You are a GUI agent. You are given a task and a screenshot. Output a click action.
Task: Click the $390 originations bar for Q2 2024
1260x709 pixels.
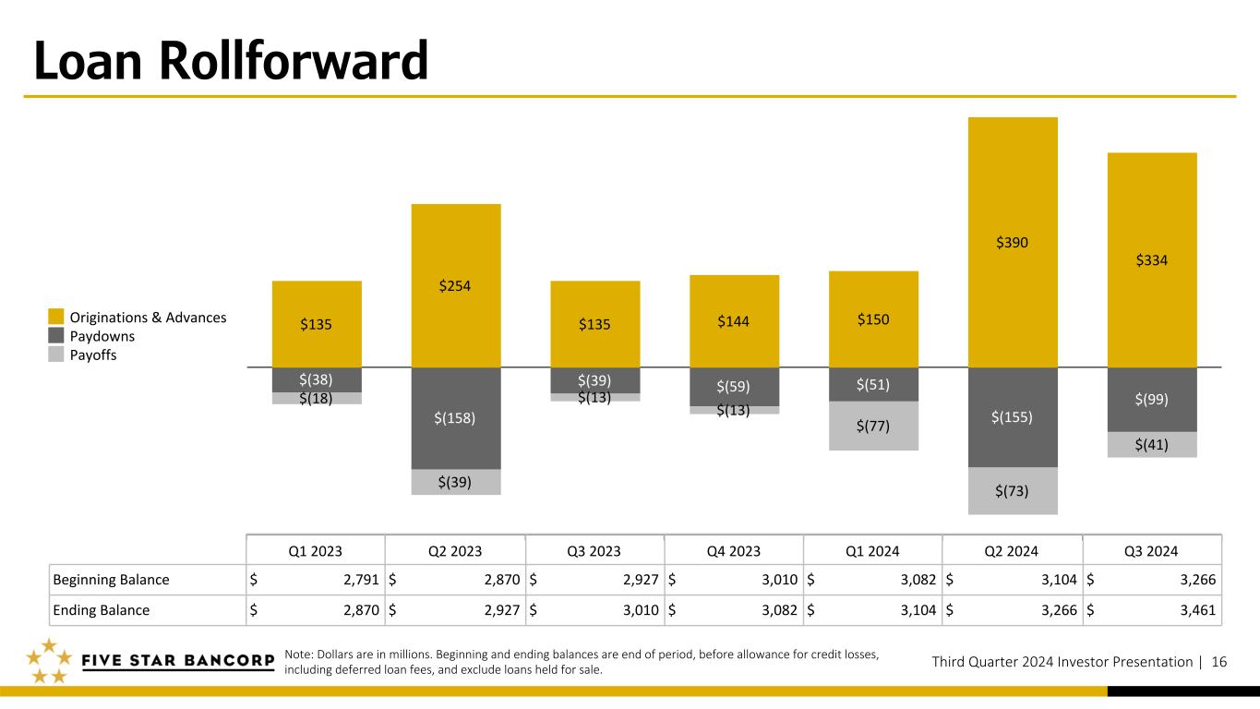coord(1013,242)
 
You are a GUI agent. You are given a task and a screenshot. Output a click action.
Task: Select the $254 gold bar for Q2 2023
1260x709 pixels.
coord(456,285)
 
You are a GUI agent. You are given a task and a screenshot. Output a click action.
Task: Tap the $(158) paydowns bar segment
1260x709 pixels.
coord(456,418)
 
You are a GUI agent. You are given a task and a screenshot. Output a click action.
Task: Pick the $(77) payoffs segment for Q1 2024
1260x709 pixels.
coord(873,426)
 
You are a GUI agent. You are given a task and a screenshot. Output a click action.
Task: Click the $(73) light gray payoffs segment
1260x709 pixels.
coord(1013,491)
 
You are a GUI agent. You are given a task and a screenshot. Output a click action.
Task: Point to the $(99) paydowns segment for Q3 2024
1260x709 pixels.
coord(1152,400)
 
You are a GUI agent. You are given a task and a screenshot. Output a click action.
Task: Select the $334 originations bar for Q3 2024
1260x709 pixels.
coord(1152,260)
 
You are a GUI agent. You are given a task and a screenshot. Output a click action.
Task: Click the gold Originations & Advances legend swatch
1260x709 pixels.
coord(56,317)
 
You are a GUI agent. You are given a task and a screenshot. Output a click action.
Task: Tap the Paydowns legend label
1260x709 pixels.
coord(102,336)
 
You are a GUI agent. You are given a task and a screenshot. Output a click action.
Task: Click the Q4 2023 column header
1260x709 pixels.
coord(734,551)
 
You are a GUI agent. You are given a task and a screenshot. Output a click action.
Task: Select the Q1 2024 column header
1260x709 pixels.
coord(872,551)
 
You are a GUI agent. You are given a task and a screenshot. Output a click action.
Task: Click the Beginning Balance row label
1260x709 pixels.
coord(111,580)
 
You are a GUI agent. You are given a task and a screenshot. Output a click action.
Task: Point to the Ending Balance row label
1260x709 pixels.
coord(102,610)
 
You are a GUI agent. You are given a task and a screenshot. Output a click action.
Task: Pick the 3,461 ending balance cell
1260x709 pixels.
coord(1197,610)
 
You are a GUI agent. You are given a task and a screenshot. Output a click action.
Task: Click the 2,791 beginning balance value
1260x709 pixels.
coord(361,580)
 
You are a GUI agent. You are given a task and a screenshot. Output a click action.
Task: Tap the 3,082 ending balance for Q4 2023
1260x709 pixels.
coord(780,610)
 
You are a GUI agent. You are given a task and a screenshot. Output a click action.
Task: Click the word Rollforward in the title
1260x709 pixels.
coord(294,61)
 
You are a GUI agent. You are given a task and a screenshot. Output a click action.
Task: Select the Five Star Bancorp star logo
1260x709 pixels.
coord(49,661)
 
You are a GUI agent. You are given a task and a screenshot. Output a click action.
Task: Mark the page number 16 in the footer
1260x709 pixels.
coord(1219,662)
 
